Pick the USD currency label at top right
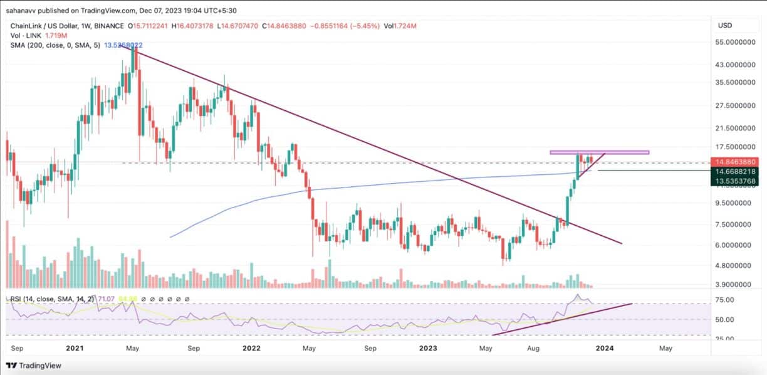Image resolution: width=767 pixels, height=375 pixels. (724, 25)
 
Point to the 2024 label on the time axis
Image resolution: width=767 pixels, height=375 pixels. (605, 347)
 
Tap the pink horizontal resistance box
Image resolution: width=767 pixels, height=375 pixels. (599, 152)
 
